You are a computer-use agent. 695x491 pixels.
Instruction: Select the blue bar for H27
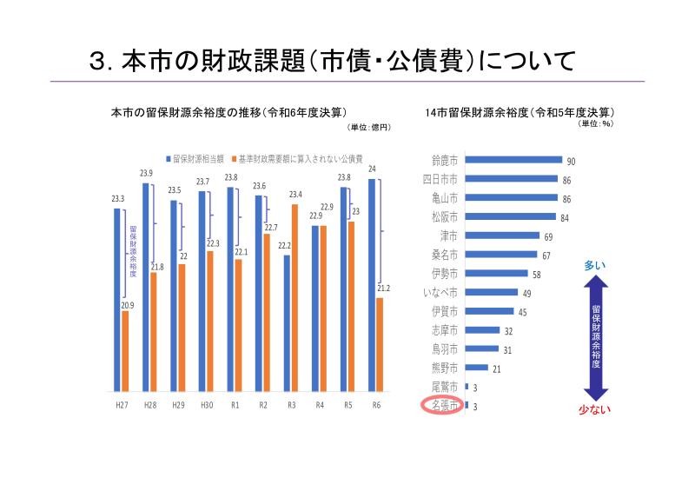point(117,299)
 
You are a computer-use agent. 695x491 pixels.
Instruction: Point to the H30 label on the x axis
point(207,405)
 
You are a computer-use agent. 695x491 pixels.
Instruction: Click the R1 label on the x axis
point(234,405)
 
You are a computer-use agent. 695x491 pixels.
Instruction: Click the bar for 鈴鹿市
point(513,160)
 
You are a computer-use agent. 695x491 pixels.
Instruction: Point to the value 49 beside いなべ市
point(526,293)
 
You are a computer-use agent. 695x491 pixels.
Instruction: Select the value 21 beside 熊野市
point(497,368)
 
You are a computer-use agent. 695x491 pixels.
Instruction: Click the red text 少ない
point(596,410)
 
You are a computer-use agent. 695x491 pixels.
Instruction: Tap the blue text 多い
point(595,265)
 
